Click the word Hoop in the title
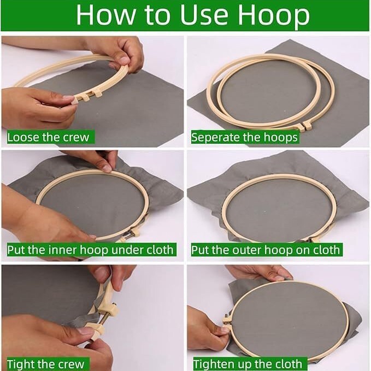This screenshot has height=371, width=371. tap(273, 15)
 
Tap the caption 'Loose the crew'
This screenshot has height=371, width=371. tap(48, 137)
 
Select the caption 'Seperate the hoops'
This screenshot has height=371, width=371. tap(244, 138)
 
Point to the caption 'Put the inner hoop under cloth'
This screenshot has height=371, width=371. tap(90, 250)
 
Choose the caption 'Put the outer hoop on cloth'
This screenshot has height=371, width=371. tap(265, 250)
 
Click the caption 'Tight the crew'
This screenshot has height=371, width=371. tap(46, 364)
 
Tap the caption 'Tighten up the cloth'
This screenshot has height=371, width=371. tap(248, 364)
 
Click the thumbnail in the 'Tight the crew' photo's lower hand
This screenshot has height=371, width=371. tap(86, 330)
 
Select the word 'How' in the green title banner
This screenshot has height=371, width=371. tap(106, 15)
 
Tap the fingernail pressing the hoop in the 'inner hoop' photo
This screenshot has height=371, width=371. tap(107, 168)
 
